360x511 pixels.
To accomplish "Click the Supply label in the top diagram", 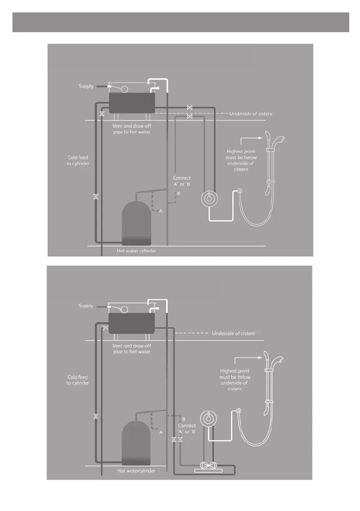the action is (86, 86).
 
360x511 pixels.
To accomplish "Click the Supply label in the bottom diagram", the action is (86, 306).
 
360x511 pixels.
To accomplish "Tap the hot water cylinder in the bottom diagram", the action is (136, 443).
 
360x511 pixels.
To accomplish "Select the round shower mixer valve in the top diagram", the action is (209, 198).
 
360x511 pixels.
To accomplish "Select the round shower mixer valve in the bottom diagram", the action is (208, 418).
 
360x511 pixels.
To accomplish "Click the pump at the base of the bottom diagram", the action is (209, 466).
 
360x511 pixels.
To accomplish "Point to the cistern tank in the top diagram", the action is (132, 103).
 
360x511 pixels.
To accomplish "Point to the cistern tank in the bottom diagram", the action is (132, 323).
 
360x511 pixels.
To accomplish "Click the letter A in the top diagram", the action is (160, 211).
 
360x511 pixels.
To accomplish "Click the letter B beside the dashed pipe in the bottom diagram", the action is (184, 419).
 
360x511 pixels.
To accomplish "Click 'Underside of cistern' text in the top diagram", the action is (251, 114).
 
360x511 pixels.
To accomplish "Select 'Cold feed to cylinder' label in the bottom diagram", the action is (78, 380).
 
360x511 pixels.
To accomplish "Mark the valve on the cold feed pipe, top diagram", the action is (96, 197).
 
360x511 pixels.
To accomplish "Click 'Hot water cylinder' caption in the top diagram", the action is (136, 251).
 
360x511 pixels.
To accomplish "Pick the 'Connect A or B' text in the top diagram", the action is (182, 181).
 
